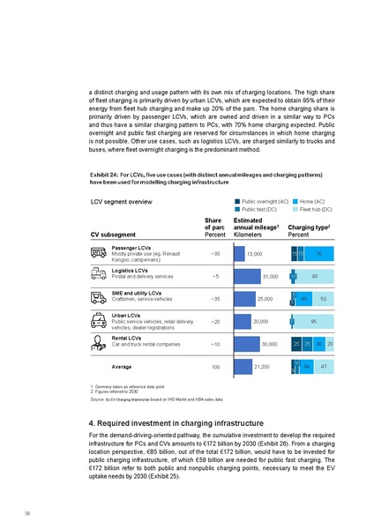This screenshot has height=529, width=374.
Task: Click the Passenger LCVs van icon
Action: [99, 254]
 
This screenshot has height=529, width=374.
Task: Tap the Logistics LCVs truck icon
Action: [99, 277]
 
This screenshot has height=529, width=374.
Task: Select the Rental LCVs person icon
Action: [99, 343]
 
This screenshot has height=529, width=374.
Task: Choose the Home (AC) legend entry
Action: [310, 202]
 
